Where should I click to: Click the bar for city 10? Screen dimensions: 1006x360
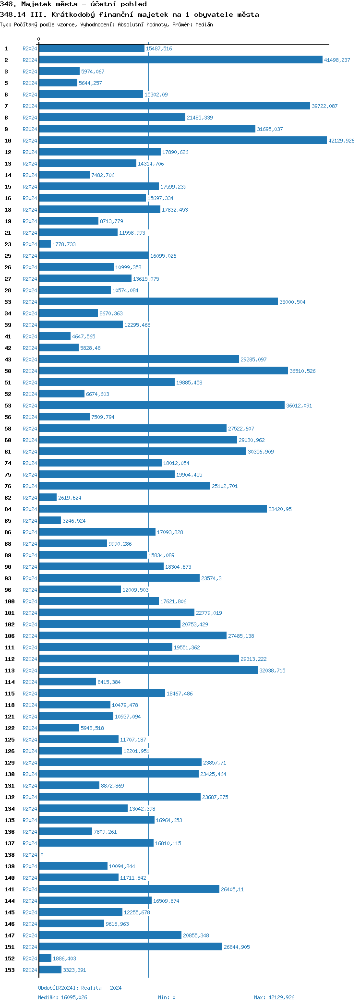point(182,141)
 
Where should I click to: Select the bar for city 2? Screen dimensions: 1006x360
point(180,60)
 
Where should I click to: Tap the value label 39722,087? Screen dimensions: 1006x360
point(324,106)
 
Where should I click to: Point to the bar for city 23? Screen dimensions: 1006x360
point(45,244)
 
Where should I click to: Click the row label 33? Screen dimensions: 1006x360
point(8,302)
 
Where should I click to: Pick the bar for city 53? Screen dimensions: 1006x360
point(162,406)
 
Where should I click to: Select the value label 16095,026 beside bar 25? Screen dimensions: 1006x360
point(163,256)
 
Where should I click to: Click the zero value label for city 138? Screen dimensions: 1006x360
point(42,855)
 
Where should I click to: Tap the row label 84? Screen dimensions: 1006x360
point(8,509)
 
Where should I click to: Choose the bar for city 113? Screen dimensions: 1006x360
point(148,671)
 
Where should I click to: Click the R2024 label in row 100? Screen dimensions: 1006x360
point(30,601)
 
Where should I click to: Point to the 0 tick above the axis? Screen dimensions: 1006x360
point(39,39)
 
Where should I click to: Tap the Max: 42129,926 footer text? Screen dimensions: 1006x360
point(274,997)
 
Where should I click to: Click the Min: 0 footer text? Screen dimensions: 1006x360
point(167,997)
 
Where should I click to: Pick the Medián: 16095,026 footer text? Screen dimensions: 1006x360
point(62,997)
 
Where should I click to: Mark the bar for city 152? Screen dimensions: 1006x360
point(45,958)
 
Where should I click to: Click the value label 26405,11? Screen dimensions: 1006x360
point(232,889)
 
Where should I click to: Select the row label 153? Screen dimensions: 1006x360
point(10,970)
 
